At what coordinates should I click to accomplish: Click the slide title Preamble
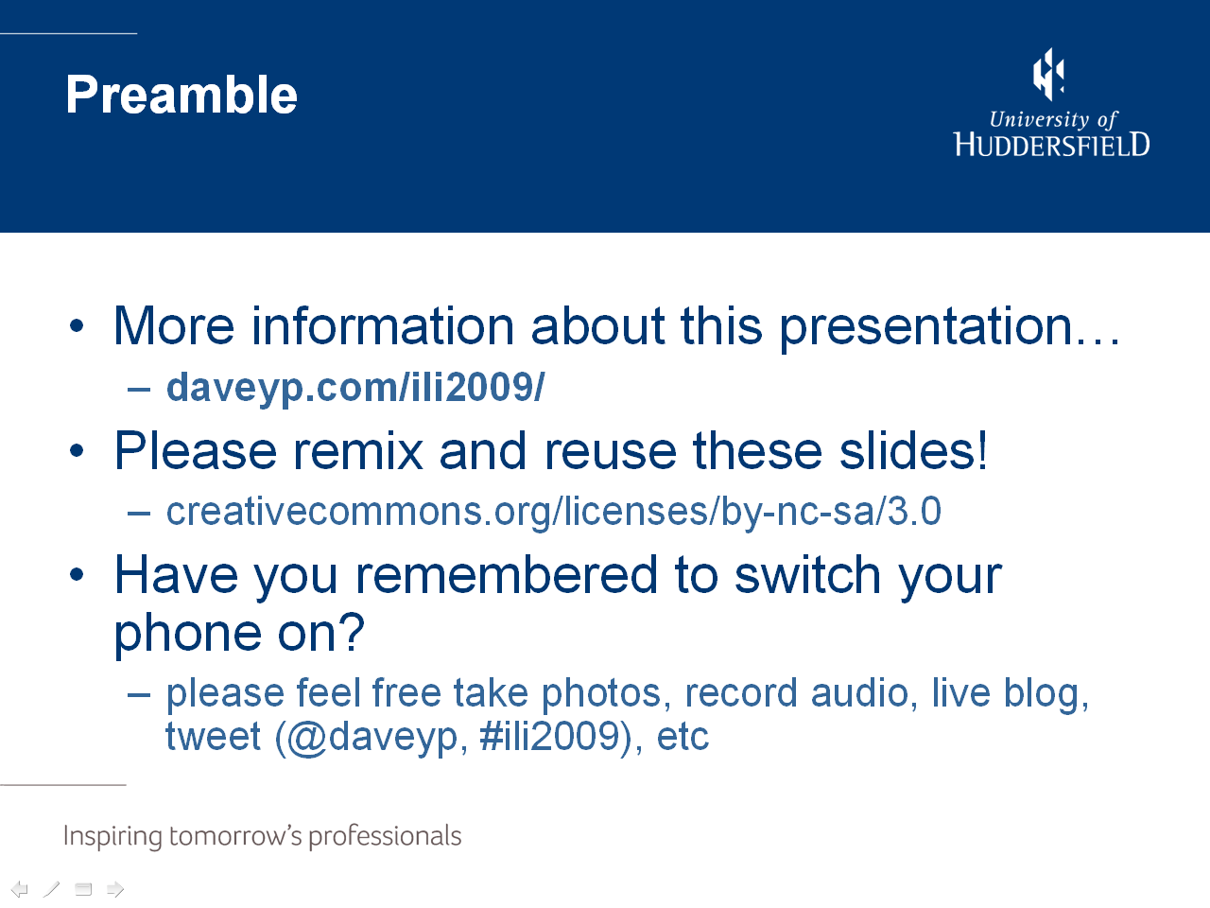coord(181,96)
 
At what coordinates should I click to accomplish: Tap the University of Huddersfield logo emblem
coord(1048,75)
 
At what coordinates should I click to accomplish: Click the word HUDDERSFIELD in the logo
coord(1051,145)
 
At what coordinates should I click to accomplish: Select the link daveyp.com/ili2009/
coord(355,389)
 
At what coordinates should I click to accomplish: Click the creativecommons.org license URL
coord(553,513)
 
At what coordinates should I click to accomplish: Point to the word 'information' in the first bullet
coord(383,326)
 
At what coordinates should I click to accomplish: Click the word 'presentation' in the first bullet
coord(925,329)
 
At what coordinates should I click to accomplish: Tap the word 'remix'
coord(358,451)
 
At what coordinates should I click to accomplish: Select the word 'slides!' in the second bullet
coord(913,450)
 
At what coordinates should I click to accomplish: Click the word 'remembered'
coord(507,575)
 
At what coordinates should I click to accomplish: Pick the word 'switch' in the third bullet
coord(807,575)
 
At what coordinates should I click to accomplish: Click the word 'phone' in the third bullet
coord(187,636)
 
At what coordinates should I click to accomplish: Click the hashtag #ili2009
coord(549,736)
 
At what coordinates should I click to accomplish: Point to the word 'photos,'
coord(606,695)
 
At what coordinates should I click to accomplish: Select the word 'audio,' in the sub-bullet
coord(864,693)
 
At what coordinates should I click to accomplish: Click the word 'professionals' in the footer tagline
coord(385,837)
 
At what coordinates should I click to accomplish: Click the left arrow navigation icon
coord(19,889)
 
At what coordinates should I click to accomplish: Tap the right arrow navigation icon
coord(115,889)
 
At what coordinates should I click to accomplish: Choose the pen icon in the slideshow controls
coord(51,889)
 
